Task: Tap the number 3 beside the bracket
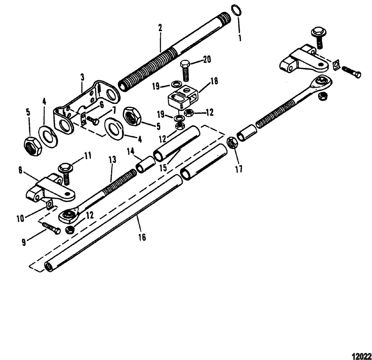point(82,77)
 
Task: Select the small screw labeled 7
point(92,120)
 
